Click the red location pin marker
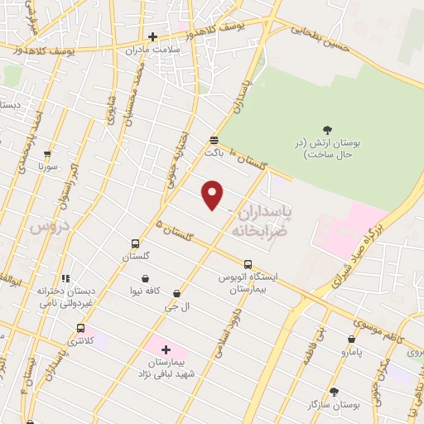pyautogui.click(x=213, y=195)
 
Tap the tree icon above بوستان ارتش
pyautogui.click(x=327, y=130)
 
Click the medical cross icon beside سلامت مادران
pyautogui.click(x=152, y=36)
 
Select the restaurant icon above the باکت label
pyautogui.click(x=214, y=140)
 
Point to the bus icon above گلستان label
pyautogui.click(x=135, y=243)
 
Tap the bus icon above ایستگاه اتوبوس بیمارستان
pyautogui.click(x=247, y=264)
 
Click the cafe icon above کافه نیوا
pyautogui.click(x=146, y=278)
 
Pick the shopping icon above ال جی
pyautogui.click(x=177, y=293)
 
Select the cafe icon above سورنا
pyautogui.click(x=47, y=153)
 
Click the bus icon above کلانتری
pyautogui.click(x=80, y=327)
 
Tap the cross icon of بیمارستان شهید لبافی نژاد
pyautogui.click(x=166, y=349)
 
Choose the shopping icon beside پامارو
pyautogui.click(x=351, y=339)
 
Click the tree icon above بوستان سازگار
pyautogui.click(x=335, y=392)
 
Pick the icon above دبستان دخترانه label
pyautogui.click(x=65, y=278)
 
